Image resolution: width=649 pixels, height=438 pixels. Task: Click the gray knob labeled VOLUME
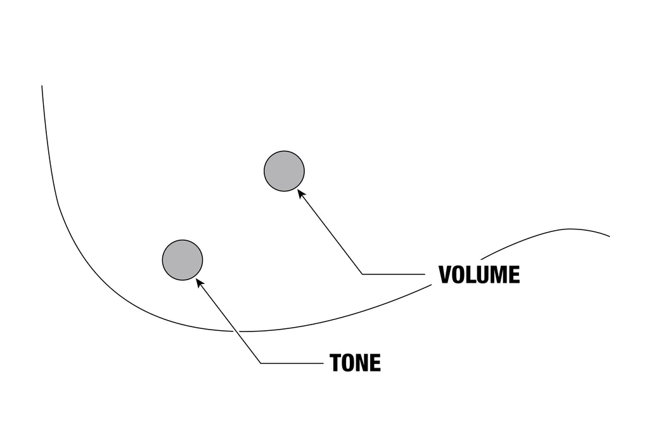click(x=284, y=171)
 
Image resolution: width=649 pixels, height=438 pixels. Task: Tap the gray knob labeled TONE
click(x=183, y=260)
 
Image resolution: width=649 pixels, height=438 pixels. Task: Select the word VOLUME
click(x=479, y=274)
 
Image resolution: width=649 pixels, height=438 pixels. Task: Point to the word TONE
click(x=355, y=363)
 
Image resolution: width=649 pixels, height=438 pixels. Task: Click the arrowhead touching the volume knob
click(x=301, y=193)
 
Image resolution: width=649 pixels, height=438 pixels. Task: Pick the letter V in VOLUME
click(x=446, y=274)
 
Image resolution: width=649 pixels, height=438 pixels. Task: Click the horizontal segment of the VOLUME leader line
click(x=394, y=274)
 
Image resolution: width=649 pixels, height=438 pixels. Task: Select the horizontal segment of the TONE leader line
click(x=292, y=363)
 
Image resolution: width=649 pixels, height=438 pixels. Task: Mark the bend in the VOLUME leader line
click(x=362, y=274)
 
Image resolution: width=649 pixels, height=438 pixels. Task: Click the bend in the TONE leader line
click(x=260, y=363)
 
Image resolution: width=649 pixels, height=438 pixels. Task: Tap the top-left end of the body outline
click(x=42, y=86)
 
